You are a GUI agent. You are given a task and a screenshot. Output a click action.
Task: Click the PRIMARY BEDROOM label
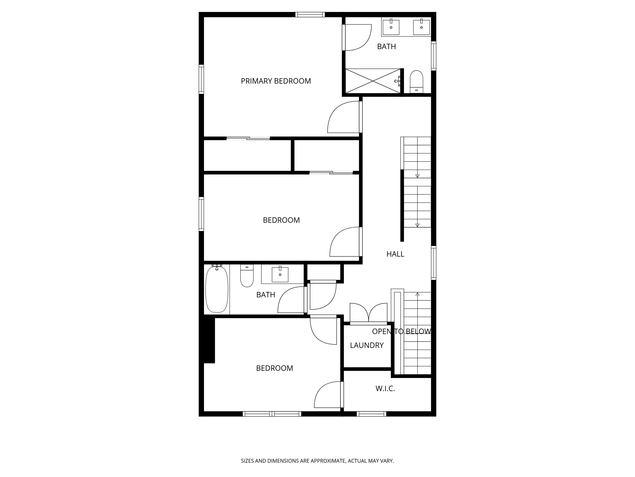276,81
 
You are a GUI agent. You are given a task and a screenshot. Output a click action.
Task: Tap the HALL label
395,254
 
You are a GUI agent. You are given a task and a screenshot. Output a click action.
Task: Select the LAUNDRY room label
366,345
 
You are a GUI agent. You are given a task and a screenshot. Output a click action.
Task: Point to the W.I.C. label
385,388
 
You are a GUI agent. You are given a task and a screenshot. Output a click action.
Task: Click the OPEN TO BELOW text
401,331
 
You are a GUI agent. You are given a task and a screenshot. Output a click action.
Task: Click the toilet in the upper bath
416,81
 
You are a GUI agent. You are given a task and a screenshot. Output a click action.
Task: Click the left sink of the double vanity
391,27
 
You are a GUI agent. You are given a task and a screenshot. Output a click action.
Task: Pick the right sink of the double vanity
421,27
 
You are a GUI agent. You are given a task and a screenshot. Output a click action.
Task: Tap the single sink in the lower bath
280,274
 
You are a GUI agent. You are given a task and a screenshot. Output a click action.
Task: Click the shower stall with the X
373,81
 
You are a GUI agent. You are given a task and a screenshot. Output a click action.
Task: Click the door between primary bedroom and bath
357,37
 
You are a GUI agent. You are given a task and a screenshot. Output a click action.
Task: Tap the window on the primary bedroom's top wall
310,15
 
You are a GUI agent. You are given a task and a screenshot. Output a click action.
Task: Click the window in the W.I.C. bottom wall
371,414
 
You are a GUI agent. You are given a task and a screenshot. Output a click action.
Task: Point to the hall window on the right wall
433,263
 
